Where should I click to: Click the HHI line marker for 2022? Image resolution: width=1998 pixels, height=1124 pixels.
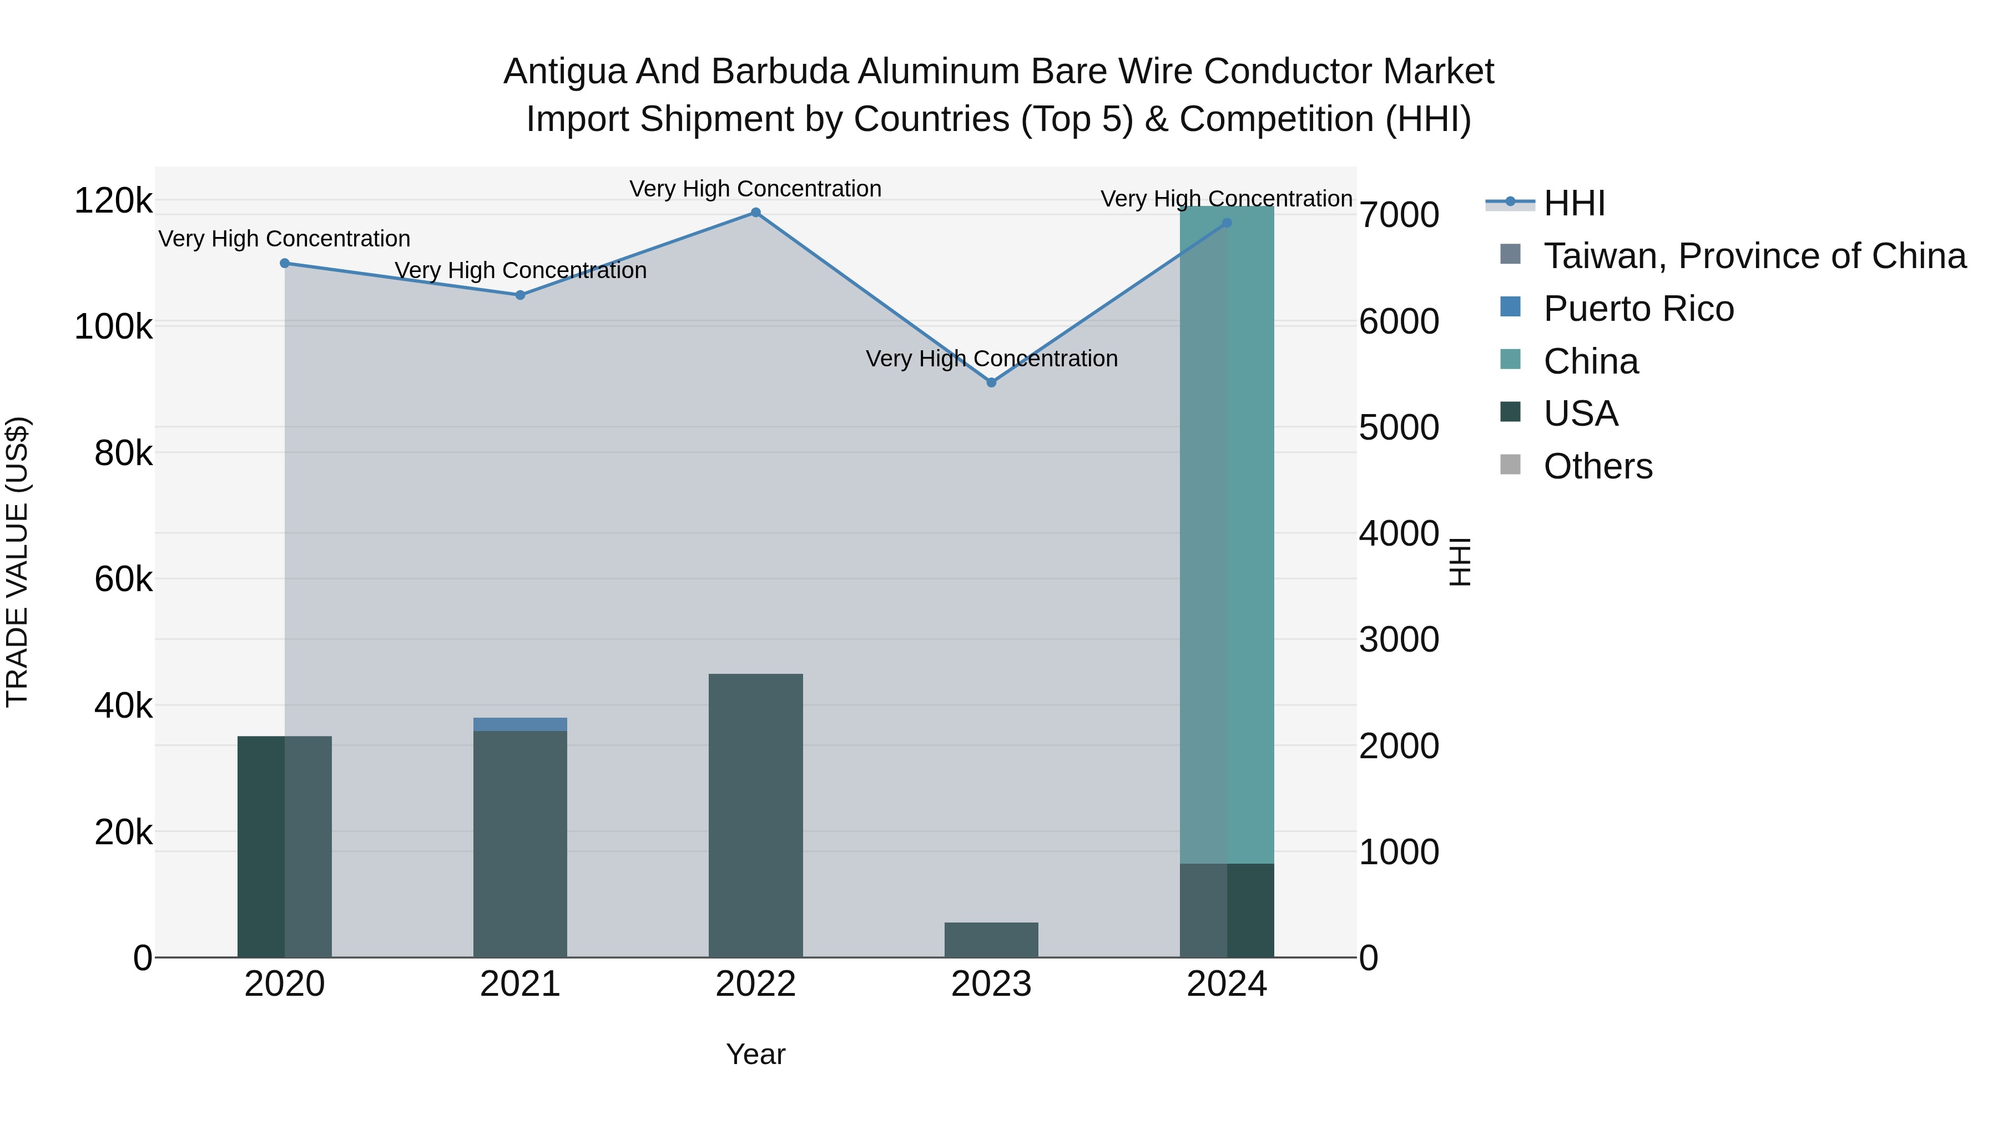coord(755,213)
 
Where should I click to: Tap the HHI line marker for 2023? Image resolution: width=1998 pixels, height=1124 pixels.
coord(991,382)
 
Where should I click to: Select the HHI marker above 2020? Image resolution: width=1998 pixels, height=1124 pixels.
coord(285,263)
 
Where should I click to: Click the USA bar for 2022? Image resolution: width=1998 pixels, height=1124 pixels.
coord(755,814)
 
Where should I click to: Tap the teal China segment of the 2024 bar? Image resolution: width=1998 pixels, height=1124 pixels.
coord(1227,535)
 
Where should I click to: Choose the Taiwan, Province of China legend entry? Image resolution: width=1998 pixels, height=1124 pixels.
coord(1754,256)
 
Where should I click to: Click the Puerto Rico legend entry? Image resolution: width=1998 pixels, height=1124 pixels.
coord(1638,309)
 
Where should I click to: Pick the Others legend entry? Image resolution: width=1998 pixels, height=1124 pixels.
coord(1598,466)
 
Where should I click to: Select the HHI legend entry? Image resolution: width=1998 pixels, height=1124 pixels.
coord(1575,203)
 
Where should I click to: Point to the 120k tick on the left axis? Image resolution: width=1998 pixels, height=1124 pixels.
coord(113,201)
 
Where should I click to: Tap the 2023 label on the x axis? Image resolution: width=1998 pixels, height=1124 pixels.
coord(991,984)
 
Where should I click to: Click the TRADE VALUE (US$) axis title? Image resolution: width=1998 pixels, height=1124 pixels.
coord(17,562)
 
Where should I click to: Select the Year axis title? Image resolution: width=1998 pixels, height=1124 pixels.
coord(755,1054)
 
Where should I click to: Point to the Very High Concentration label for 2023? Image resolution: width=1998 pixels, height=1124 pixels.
coord(991,359)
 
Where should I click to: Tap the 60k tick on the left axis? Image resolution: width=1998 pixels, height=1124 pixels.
coord(123,579)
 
